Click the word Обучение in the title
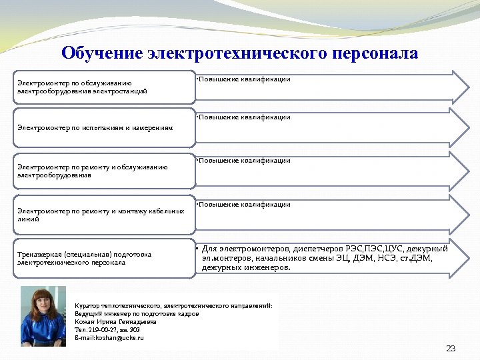pyautogui.click(x=101, y=53)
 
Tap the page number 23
pyautogui.click(x=450, y=349)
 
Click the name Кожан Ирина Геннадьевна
pyautogui.click(x=116, y=321)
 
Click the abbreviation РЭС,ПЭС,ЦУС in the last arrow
pyautogui.click(x=368, y=249)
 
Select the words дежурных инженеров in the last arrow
pyautogui.click(x=246, y=267)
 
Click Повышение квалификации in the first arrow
pyautogui.click(x=245, y=79)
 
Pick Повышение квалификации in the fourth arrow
pyautogui.click(x=245, y=205)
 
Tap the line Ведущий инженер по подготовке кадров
pyautogui.click(x=137, y=313)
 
